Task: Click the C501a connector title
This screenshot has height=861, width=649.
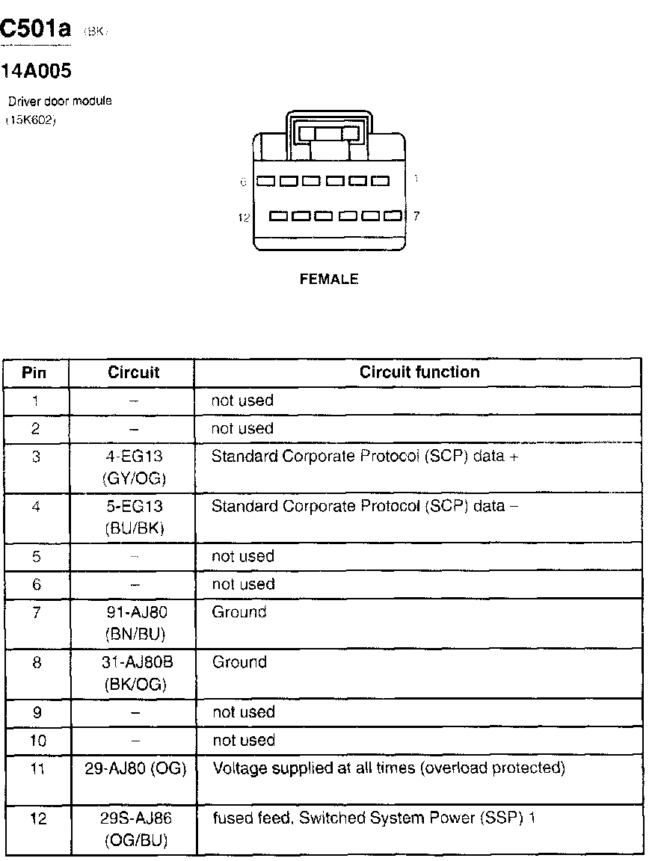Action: (36, 30)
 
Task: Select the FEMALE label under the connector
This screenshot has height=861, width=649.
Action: (329, 280)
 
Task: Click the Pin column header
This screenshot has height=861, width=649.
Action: (34, 372)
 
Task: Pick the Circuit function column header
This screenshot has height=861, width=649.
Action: (419, 372)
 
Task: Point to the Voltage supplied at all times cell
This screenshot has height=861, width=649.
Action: (389, 768)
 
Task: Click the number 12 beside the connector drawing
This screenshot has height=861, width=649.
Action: (243, 217)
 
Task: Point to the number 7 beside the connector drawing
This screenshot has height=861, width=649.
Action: (416, 216)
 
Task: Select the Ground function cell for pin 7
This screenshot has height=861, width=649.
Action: (239, 612)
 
